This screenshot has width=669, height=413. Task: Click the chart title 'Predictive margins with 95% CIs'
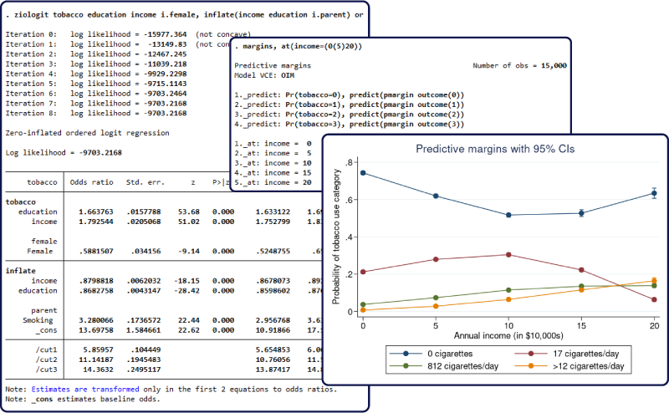coord(488,149)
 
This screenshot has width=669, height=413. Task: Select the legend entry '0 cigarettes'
coord(434,354)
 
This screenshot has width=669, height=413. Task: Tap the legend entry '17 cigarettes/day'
coord(569,354)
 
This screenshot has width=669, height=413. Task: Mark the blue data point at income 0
coord(363,173)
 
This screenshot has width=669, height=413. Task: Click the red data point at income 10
coord(508,255)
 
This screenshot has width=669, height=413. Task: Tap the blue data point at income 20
coord(654,193)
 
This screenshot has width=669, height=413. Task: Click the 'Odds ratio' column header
coord(90,181)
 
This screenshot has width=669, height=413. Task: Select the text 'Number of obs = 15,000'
coord(519,65)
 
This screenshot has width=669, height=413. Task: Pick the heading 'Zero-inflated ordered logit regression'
coord(87,132)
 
